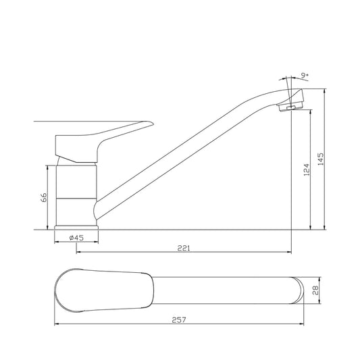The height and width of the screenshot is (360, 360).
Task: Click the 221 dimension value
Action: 184,248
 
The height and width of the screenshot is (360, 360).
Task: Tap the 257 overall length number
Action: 179,320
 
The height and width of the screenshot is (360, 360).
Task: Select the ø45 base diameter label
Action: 76,238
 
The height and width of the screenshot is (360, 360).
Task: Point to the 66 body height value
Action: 44,197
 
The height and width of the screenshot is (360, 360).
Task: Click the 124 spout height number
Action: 307,170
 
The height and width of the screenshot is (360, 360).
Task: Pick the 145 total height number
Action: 321,159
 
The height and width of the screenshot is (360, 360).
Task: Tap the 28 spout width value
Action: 315,290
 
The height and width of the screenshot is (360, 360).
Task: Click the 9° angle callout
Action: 305,76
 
